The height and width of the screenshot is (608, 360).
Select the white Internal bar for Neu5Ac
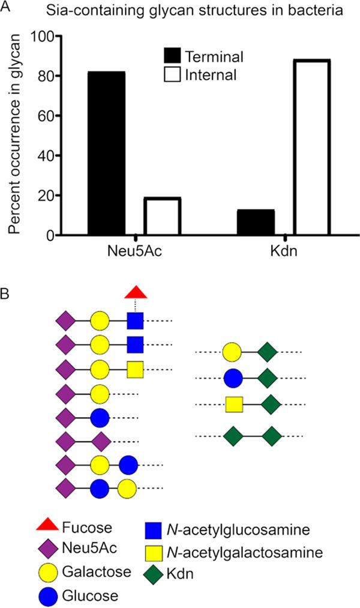point(162,216)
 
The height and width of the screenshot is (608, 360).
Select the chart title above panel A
point(187,10)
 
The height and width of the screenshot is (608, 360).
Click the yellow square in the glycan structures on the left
point(135,370)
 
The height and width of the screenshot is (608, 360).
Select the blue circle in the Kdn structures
point(233,378)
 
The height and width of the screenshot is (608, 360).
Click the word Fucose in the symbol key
point(86,528)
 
